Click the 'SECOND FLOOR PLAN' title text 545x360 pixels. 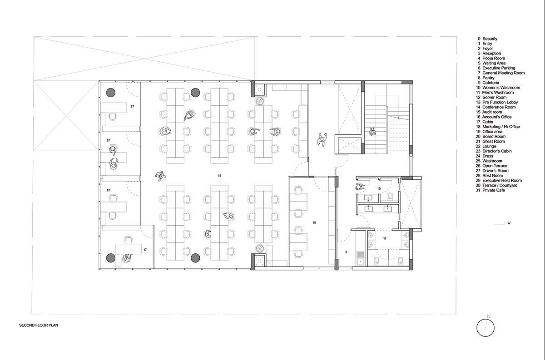(x=39, y=325)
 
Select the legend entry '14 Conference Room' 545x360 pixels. (x=495, y=107)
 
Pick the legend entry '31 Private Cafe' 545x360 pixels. (x=490, y=190)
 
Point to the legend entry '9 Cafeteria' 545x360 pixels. (x=488, y=83)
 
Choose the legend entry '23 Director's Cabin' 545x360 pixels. (x=494, y=151)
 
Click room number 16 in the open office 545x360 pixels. (x=219, y=176)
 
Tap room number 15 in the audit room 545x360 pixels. (x=314, y=222)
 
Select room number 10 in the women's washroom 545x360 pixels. (x=379, y=188)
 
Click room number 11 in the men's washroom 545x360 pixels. (x=385, y=239)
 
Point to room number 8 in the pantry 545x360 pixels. (x=347, y=252)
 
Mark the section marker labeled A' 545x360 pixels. (x=509, y=223)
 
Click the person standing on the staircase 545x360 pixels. (x=372, y=132)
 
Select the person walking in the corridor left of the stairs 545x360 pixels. (x=322, y=140)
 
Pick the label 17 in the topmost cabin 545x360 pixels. (x=132, y=107)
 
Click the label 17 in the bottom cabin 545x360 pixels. (x=145, y=250)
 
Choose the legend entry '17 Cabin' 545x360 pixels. (x=485, y=122)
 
